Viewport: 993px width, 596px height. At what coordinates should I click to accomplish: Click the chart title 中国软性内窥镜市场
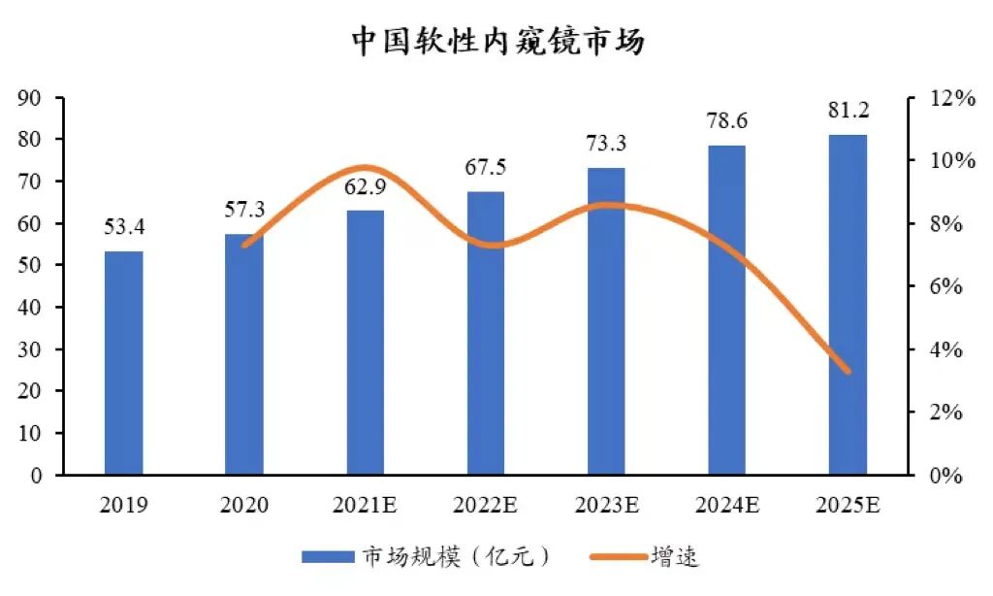pyautogui.click(x=497, y=42)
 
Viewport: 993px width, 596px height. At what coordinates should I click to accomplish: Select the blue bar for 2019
pyautogui.click(x=123, y=363)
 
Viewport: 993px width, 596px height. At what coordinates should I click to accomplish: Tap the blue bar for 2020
pyautogui.click(x=244, y=354)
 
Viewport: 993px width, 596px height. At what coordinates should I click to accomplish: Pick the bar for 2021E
pyautogui.click(x=366, y=343)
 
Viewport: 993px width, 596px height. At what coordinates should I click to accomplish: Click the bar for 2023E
pyautogui.click(x=607, y=321)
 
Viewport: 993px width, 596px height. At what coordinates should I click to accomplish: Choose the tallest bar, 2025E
pyautogui.click(x=849, y=305)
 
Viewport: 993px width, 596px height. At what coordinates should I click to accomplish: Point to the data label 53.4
pyautogui.click(x=123, y=228)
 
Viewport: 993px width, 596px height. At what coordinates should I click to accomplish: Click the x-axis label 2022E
pyautogui.click(x=486, y=505)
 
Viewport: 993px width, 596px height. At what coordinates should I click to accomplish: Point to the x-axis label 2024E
pyautogui.click(x=727, y=505)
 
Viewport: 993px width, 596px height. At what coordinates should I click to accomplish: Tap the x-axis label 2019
pyautogui.click(x=123, y=505)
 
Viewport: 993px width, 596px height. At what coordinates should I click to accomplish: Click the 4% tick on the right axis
pyautogui.click(x=945, y=349)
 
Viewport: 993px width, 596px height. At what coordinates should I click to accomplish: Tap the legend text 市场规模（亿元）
pyautogui.click(x=457, y=556)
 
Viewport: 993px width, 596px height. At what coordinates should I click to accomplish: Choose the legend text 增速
pyautogui.click(x=678, y=556)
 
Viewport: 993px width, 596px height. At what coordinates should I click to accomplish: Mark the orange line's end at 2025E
pyautogui.click(x=848, y=371)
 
